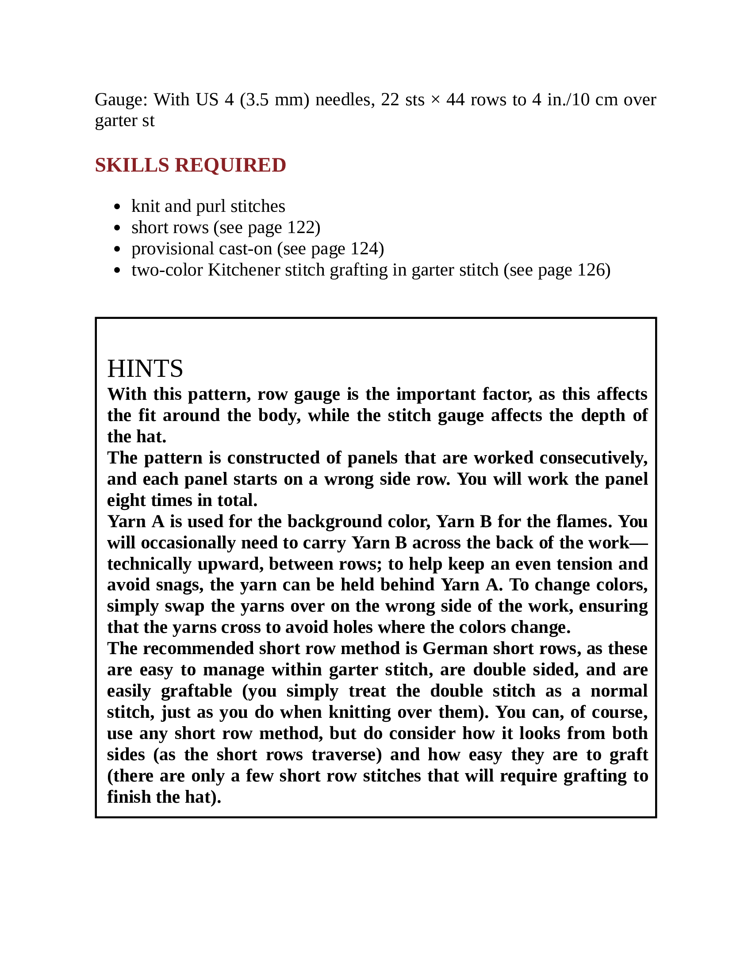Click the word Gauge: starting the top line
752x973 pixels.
click(121, 100)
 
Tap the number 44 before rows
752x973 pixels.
click(456, 100)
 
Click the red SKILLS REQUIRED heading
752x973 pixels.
click(190, 165)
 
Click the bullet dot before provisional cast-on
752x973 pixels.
click(117, 249)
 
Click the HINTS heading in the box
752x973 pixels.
click(145, 368)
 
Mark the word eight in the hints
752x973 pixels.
click(127, 500)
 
